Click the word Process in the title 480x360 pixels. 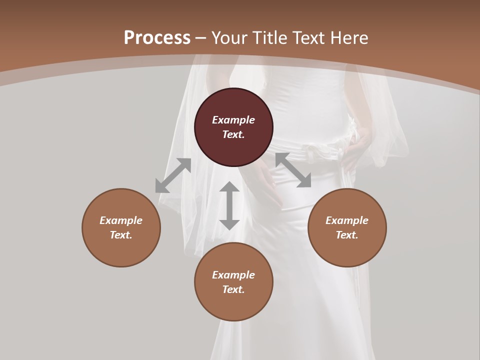(157, 38)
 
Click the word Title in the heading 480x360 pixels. (269, 38)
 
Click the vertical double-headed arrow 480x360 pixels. (229, 205)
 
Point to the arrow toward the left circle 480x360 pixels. (173, 175)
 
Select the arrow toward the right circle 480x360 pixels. (293, 170)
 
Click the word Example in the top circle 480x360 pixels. (233, 120)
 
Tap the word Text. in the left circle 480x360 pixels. (121, 235)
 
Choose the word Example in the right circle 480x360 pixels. (347, 220)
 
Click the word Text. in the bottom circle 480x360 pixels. (233, 289)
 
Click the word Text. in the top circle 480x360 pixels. (233, 134)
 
